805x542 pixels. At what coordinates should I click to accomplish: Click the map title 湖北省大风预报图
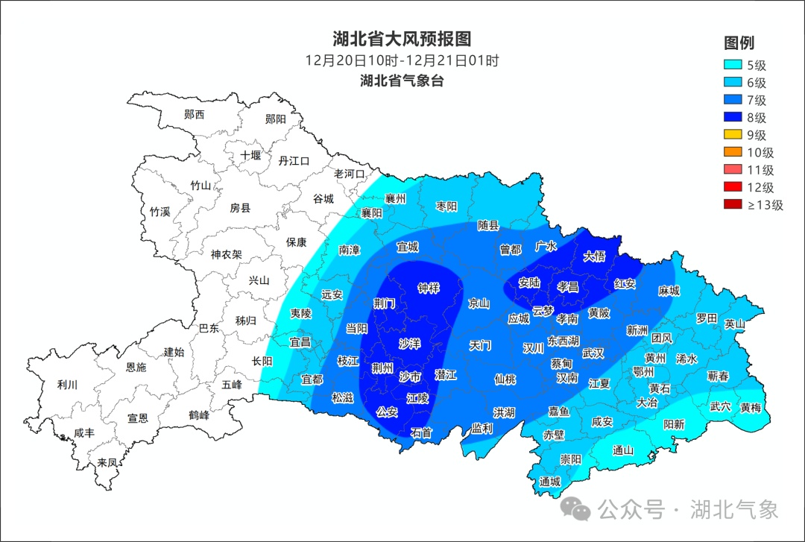pyautogui.click(x=402, y=39)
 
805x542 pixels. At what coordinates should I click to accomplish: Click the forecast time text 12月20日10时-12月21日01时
pyautogui.click(x=402, y=60)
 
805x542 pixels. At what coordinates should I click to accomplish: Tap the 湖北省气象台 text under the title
pyautogui.click(x=402, y=81)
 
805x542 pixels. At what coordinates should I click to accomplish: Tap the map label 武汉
pyautogui.click(x=593, y=353)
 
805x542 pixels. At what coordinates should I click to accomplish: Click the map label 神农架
pyautogui.click(x=226, y=254)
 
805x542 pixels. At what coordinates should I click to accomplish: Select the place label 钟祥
pyautogui.click(x=429, y=288)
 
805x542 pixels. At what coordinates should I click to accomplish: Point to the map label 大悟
pyautogui.click(x=594, y=256)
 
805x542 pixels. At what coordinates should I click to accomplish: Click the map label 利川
pyautogui.click(x=67, y=385)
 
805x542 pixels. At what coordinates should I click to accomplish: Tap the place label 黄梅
pyautogui.click(x=751, y=407)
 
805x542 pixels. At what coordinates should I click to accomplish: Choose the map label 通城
pyautogui.click(x=549, y=482)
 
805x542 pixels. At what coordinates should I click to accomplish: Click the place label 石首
pyautogui.click(x=421, y=432)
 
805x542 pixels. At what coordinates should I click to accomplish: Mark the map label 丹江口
pyautogui.click(x=293, y=160)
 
